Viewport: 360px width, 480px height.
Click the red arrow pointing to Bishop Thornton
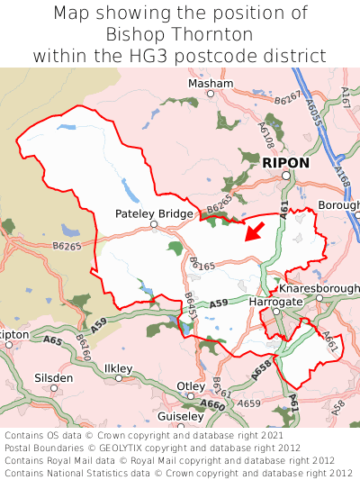(x=255, y=232)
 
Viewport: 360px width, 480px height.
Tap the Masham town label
(x=210, y=83)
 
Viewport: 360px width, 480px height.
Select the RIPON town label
(x=285, y=163)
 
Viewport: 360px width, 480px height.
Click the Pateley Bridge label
(x=154, y=213)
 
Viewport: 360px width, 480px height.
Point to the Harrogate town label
(x=274, y=301)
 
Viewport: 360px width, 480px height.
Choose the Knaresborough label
(x=319, y=288)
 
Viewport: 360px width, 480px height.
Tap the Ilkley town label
(x=118, y=368)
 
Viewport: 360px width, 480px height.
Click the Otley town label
(x=190, y=386)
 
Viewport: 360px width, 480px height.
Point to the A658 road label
(x=261, y=367)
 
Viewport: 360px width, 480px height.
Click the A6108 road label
(x=266, y=135)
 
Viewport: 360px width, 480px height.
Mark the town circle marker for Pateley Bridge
(x=154, y=225)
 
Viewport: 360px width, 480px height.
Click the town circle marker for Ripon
(x=286, y=176)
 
